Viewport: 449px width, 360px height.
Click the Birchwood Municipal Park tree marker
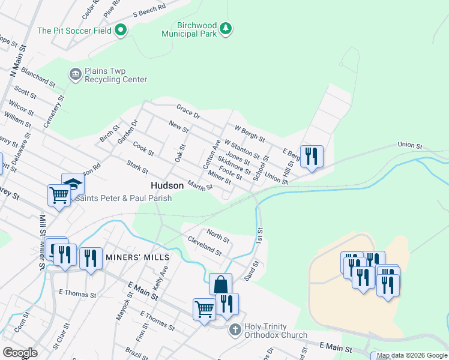226,28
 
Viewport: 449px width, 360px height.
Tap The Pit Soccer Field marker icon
121,30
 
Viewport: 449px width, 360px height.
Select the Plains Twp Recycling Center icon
76,74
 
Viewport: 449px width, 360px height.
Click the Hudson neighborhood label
167,186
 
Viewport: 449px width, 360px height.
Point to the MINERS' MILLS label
137,257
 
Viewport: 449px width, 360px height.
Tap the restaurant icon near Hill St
312,156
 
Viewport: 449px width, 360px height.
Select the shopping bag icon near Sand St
220,284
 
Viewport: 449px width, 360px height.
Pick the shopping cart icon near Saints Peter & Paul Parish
59,194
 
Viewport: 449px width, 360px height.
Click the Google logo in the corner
20,352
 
